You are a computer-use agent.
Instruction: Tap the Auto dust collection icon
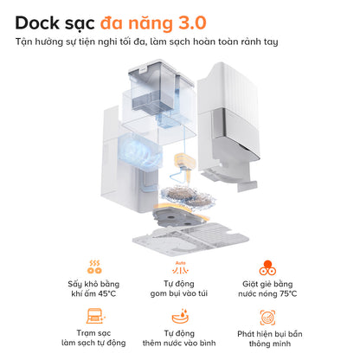coord(180,266)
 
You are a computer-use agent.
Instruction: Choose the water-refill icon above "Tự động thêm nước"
coord(180,315)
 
